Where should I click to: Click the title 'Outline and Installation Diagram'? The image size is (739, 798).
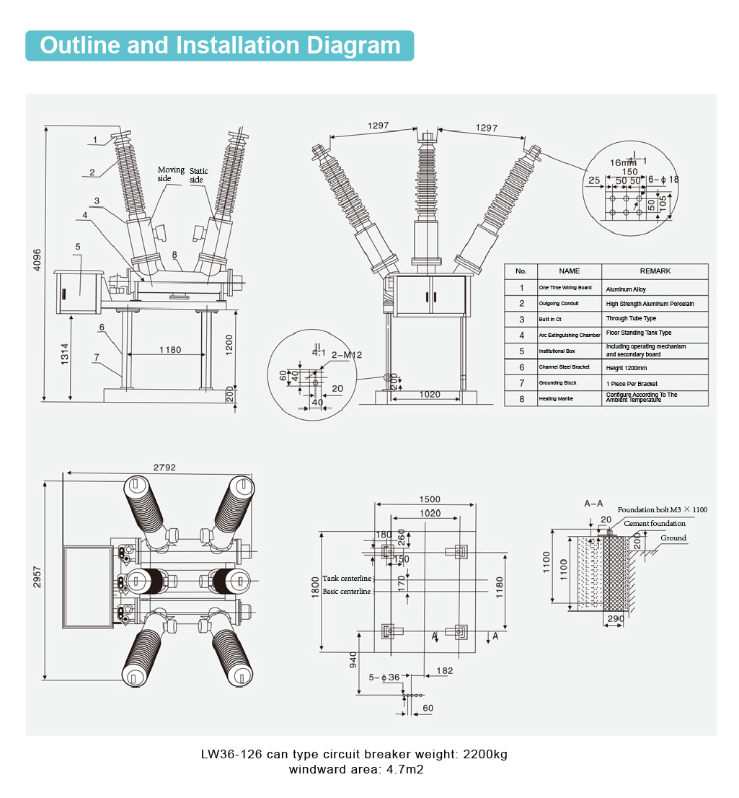pos(220,45)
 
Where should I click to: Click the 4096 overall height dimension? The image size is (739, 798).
pos(37,260)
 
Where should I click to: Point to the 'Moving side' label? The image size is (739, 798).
pos(171,174)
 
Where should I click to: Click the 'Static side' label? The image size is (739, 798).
pos(199,175)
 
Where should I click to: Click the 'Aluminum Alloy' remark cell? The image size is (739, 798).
pos(626,289)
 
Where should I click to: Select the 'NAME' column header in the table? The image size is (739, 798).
pos(569,271)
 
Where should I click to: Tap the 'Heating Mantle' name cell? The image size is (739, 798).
pos(556,398)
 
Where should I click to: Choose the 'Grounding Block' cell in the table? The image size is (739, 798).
pos(558,383)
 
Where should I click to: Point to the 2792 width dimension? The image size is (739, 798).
pos(164,468)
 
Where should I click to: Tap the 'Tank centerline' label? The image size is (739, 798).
pos(347,579)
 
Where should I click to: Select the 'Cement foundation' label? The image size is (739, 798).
pos(655,523)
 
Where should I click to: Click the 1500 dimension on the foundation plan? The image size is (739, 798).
pos(430,499)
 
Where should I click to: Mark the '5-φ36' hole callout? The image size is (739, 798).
pos(384,678)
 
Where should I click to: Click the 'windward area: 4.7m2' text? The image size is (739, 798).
pos(356,769)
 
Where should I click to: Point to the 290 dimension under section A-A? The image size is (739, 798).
pos(615,619)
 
